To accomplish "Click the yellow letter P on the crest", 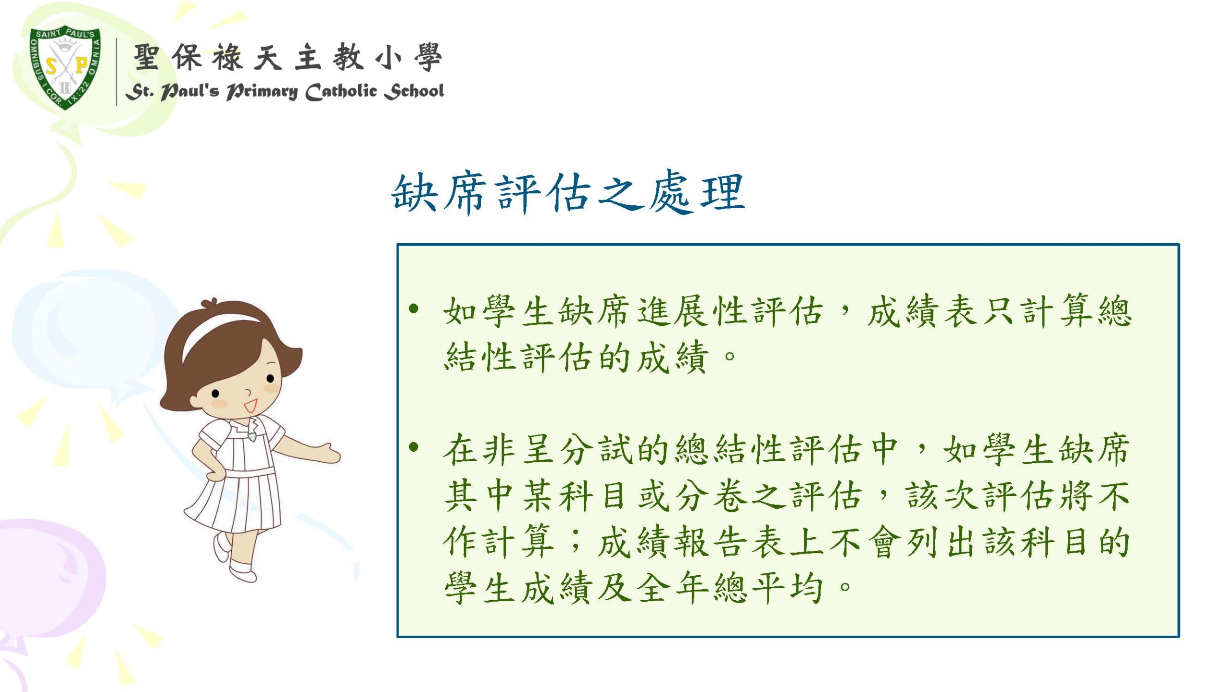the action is (81, 65).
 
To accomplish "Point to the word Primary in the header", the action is (262, 92).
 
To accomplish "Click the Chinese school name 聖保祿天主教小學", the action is (287, 57).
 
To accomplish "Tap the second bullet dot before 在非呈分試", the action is (413, 448).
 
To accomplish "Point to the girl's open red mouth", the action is (251, 406).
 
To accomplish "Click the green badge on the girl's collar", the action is (252, 436).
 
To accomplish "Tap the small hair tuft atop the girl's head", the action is (211, 304).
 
